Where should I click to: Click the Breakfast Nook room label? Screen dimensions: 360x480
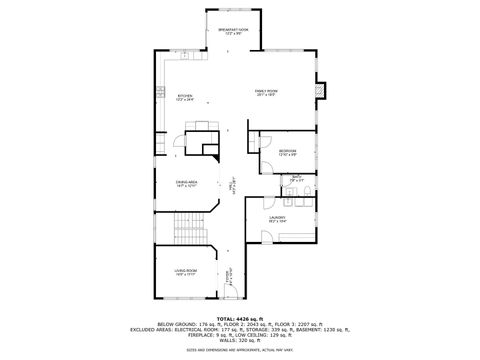232,32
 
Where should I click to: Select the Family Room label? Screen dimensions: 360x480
265,93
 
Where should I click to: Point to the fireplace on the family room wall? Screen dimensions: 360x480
319,91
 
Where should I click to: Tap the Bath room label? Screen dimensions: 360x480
297,181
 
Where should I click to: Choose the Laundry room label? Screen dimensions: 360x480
277,218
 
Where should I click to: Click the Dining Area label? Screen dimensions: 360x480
186,185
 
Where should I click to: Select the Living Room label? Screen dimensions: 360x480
186,272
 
